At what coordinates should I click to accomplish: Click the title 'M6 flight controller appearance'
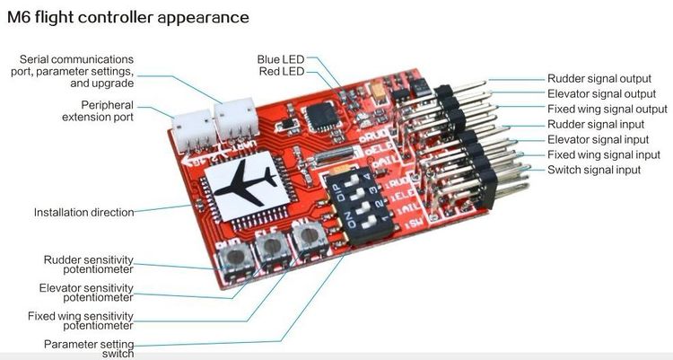point(128,18)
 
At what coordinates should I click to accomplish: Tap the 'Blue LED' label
point(280,59)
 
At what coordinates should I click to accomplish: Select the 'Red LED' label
point(281,71)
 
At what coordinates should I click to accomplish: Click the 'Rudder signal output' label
point(599,79)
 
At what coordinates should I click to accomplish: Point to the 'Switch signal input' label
point(594,170)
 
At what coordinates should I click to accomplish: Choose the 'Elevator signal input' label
point(598,140)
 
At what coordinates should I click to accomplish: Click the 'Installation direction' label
point(83,212)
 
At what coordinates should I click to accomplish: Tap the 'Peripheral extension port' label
point(98,110)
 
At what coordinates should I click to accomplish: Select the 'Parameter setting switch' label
point(89,349)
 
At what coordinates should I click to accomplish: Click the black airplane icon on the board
point(246,182)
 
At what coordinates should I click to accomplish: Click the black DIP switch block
point(360,206)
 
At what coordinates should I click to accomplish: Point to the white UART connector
point(236,119)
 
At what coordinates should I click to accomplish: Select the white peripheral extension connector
point(195,130)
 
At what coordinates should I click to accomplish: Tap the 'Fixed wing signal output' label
point(607,110)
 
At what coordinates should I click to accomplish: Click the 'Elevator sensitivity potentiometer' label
point(86,293)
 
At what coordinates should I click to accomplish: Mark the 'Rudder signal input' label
point(596,124)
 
